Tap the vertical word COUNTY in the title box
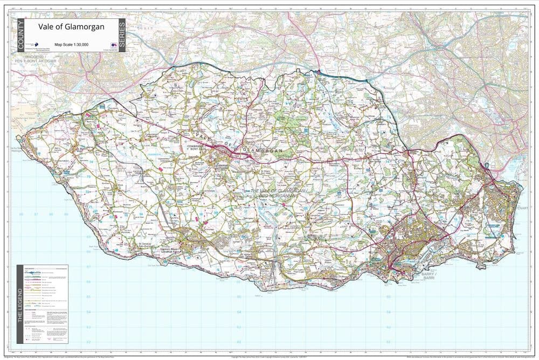pyautogui.click(x=21, y=35)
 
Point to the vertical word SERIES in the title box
pyautogui.click(x=122, y=36)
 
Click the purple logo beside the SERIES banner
pyautogui.click(x=113, y=45)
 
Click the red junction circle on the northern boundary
pyautogui.click(x=319, y=71)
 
